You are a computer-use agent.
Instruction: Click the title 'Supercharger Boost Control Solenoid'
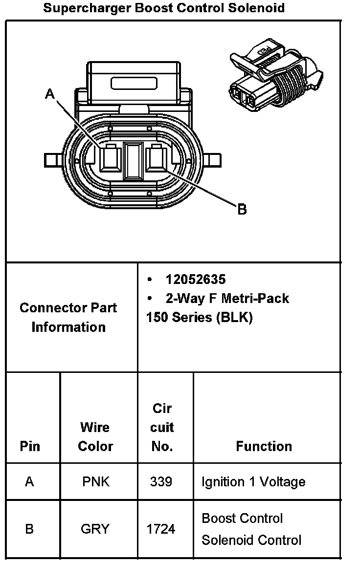(164, 8)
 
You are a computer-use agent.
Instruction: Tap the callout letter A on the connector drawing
(49, 94)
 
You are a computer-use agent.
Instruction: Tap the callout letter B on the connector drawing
(242, 210)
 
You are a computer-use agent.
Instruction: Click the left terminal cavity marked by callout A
(110, 159)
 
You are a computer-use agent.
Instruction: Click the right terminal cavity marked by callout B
(157, 159)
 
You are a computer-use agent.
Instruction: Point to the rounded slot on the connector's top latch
(134, 83)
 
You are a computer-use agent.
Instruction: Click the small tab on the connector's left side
(52, 160)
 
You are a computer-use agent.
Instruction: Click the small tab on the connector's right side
(213, 160)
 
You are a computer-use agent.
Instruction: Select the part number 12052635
(196, 280)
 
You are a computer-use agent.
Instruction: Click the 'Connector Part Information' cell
(68, 317)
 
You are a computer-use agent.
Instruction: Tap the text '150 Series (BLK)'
(199, 318)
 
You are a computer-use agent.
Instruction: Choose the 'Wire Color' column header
(95, 436)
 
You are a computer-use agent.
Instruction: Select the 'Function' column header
(264, 446)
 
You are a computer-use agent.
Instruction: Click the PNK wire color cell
(96, 482)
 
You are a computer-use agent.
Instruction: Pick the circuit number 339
(161, 482)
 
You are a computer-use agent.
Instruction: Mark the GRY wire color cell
(95, 529)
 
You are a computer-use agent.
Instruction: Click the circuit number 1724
(161, 529)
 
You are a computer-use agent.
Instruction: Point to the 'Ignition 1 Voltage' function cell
(253, 482)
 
